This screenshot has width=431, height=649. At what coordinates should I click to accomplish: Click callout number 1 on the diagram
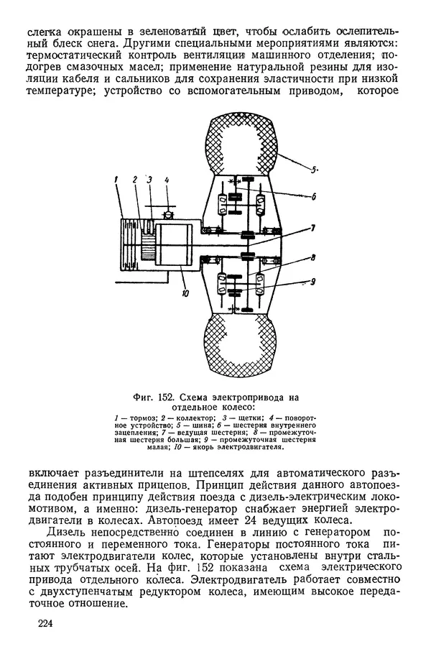pyautogui.click(x=115, y=181)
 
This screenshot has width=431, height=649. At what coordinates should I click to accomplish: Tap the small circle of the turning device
pyautogui.click(x=166, y=213)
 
